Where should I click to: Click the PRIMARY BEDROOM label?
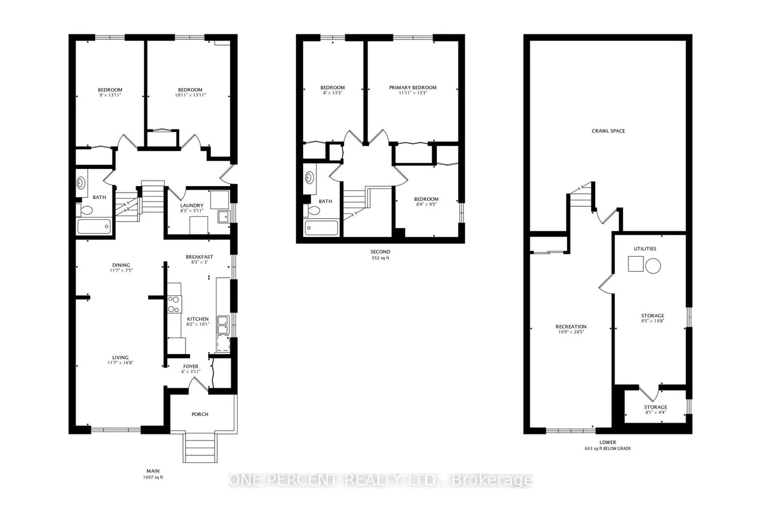pos(413,87)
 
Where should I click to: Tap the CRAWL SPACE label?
pos(608,131)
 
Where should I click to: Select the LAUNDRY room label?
pos(191,206)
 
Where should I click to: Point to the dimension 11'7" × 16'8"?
pos(120,363)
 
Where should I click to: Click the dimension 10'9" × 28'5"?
pos(571,332)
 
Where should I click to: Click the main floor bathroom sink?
pos(81,184)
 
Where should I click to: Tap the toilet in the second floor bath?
pos(312,210)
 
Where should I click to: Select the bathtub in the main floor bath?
pos(94,226)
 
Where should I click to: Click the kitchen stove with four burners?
pos(174,304)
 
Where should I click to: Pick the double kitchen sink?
pos(223,325)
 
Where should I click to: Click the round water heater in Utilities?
pos(653,266)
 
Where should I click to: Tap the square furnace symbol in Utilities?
pos(636,264)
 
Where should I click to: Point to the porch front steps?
pos(200,448)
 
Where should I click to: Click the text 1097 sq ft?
pos(153,477)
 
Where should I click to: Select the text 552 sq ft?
pos(380,258)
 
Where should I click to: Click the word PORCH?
pos(200,414)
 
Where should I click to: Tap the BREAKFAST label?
pos(199,257)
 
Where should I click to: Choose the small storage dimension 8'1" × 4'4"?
pos(656,412)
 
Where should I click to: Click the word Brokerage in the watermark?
pos(493,480)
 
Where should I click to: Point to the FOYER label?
pos(191,366)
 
